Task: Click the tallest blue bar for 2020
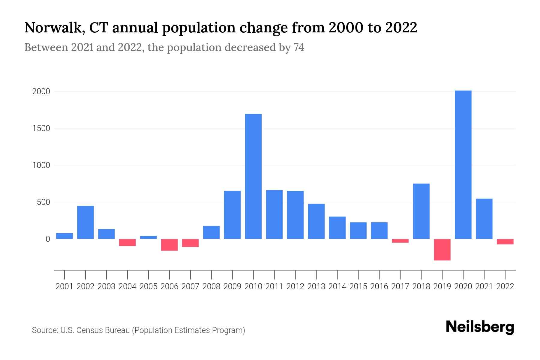[463, 165]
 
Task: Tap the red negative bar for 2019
[442, 250]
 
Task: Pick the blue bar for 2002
[85, 222]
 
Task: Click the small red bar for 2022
[505, 241]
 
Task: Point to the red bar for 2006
[169, 245]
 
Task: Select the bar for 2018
[421, 211]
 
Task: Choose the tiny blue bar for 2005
[148, 237]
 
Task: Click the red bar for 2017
[400, 241]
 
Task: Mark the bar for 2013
[316, 221]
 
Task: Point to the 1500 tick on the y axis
[41, 128]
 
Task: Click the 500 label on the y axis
[43, 202]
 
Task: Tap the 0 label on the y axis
[48, 239]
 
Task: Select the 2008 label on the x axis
[211, 286]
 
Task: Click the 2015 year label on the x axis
[358, 286]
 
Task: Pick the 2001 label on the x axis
[64, 286]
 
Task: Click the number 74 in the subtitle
[299, 47]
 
